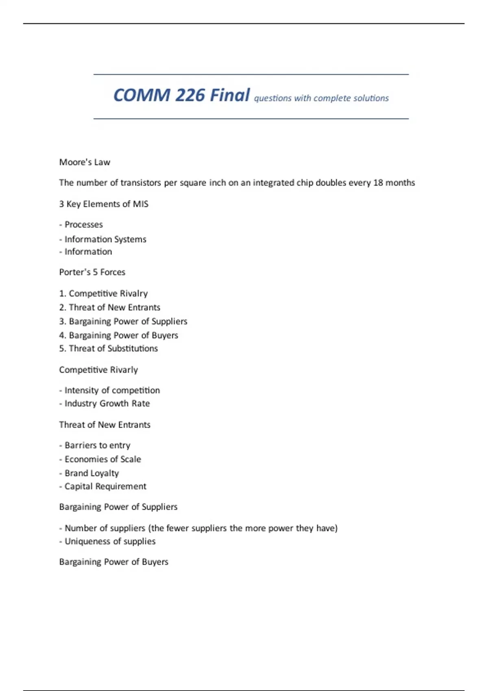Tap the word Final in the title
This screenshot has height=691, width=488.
[x=230, y=96]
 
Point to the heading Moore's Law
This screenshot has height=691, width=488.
[x=85, y=162]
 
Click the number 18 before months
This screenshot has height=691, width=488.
[x=378, y=183]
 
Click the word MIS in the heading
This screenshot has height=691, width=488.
[x=141, y=204]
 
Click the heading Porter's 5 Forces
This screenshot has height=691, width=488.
[x=92, y=272]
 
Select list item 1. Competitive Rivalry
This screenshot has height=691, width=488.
[x=103, y=293]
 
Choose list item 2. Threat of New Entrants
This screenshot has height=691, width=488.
[x=109, y=307]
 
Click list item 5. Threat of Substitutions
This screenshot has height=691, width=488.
[x=108, y=348]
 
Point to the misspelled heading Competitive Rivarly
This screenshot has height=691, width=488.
[x=98, y=370]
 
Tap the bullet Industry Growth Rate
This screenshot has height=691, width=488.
[x=107, y=403]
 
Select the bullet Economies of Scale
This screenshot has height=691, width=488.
[x=102, y=459]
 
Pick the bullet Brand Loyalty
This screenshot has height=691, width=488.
[x=91, y=473]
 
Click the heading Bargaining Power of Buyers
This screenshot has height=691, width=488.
[x=113, y=562]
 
